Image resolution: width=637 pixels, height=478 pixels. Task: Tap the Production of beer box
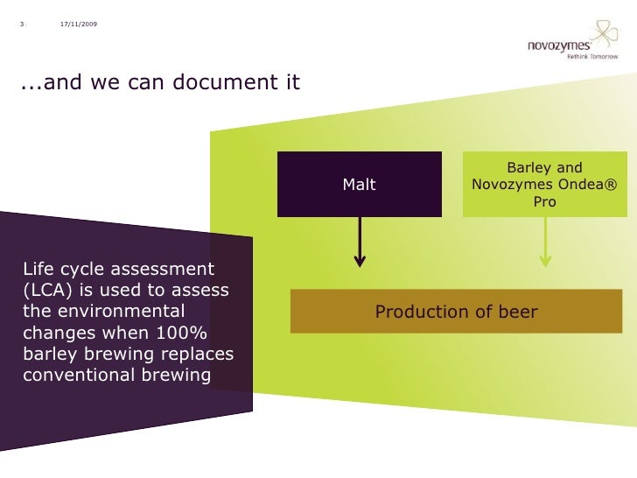[x=456, y=312]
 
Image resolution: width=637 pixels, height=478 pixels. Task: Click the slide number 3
[x=21, y=23]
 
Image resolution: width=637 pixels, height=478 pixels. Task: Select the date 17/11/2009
[x=79, y=23]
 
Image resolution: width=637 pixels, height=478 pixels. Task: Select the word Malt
[x=359, y=185]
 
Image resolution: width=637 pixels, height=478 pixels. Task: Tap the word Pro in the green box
[x=544, y=202]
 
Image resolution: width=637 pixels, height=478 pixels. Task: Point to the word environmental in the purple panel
[x=117, y=311]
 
